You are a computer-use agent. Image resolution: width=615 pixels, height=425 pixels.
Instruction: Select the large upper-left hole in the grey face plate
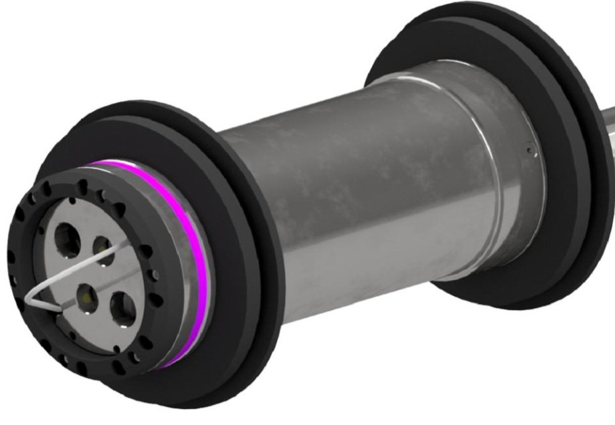67,235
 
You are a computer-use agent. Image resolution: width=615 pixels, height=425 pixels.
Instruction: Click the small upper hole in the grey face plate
102,246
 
